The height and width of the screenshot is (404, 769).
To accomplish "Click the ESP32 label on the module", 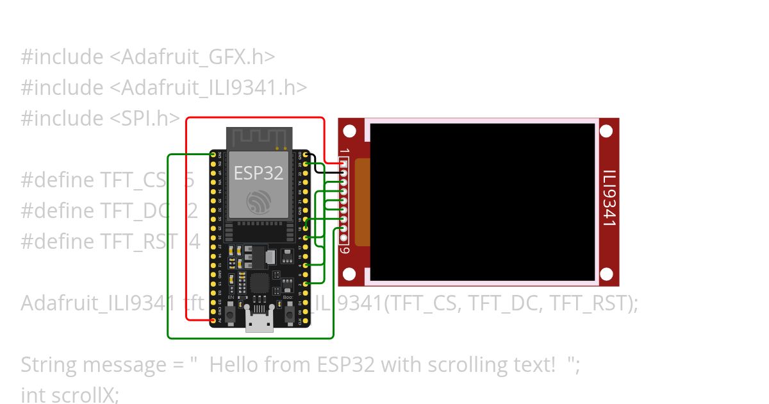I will coord(258,173).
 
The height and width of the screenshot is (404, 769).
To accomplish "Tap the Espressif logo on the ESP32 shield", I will coord(259,203).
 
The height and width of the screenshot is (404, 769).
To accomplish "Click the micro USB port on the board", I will coord(259,323).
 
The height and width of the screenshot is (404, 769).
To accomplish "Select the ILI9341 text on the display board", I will coord(610,198).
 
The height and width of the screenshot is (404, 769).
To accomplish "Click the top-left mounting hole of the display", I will coord(349,131).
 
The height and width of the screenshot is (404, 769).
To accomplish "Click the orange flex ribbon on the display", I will coord(362,202).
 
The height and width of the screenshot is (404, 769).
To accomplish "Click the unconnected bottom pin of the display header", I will coord(343,237).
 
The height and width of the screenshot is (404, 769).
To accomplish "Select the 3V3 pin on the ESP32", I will coord(213,155).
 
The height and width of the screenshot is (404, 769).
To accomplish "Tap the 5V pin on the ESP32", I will coord(213,319).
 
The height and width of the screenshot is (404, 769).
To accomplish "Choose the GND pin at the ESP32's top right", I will coord(306,155).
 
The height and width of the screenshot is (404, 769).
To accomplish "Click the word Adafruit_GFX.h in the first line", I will coord(198,57).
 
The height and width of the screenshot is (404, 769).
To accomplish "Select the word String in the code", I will coord(51,365).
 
